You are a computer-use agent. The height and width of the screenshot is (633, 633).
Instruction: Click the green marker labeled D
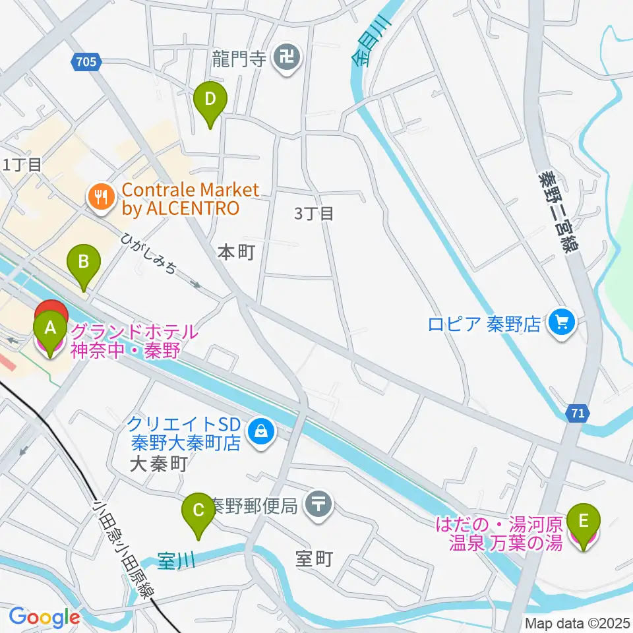point(210,101)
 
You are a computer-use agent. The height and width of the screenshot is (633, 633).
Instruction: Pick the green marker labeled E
point(584,521)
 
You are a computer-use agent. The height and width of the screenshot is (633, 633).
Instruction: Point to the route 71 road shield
point(577,413)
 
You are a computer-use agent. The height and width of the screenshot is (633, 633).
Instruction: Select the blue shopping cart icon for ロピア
point(562,323)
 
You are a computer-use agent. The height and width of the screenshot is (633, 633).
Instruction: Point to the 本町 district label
point(235,253)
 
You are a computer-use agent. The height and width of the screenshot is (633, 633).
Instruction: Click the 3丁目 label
point(315,213)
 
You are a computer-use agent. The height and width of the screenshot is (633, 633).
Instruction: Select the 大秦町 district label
point(159,464)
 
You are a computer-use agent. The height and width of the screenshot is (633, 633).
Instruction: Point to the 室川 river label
point(177,562)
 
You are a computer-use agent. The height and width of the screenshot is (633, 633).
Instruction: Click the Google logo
point(44,618)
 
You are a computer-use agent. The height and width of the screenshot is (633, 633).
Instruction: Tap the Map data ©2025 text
point(578,622)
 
